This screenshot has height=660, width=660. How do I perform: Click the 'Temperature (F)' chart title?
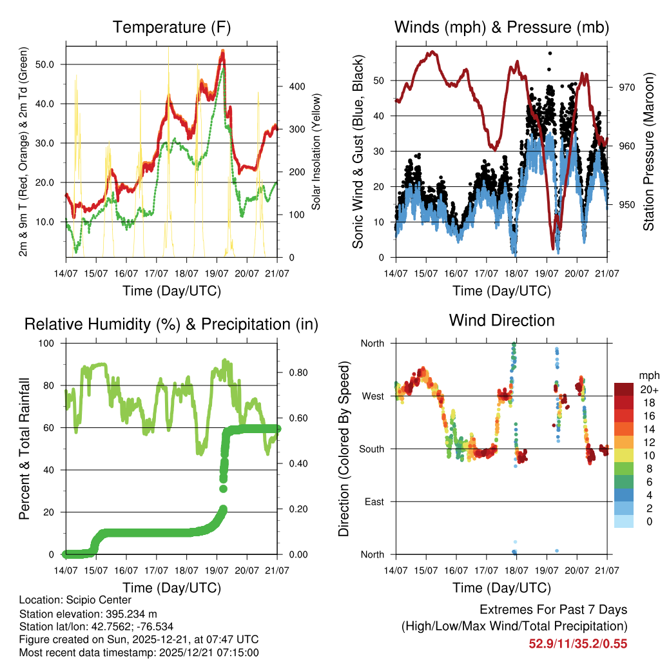point(171,27)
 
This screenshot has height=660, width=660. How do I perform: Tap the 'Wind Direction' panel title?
point(501,320)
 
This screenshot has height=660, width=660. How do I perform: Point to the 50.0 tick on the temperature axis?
point(46,64)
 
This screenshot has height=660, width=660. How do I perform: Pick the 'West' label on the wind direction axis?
point(372,396)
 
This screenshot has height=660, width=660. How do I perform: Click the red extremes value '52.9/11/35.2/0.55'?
point(578,644)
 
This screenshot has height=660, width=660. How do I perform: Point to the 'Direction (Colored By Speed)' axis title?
point(344,448)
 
